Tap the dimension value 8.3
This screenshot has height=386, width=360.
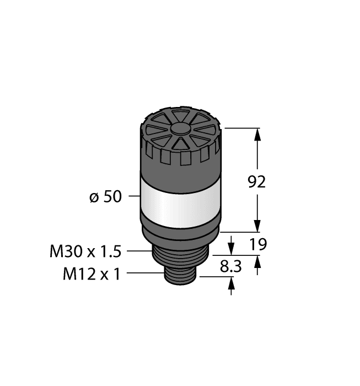[x=230, y=267]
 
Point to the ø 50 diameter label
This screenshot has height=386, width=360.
[x=105, y=196]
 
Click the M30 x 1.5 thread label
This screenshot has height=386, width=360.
[x=85, y=252]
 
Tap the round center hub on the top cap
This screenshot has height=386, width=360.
[x=181, y=128]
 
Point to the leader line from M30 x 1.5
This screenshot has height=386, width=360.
[x=138, y=251]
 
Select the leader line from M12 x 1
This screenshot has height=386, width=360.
[x=144, y=273]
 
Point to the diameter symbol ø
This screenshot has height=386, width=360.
[x=94, y=197]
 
